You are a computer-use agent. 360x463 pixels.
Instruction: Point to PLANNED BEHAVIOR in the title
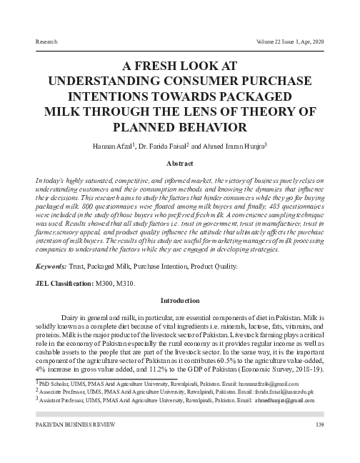[179, 128]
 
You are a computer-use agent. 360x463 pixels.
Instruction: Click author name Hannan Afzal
[112, 146]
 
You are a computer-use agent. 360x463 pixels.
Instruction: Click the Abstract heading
[179, 163]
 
